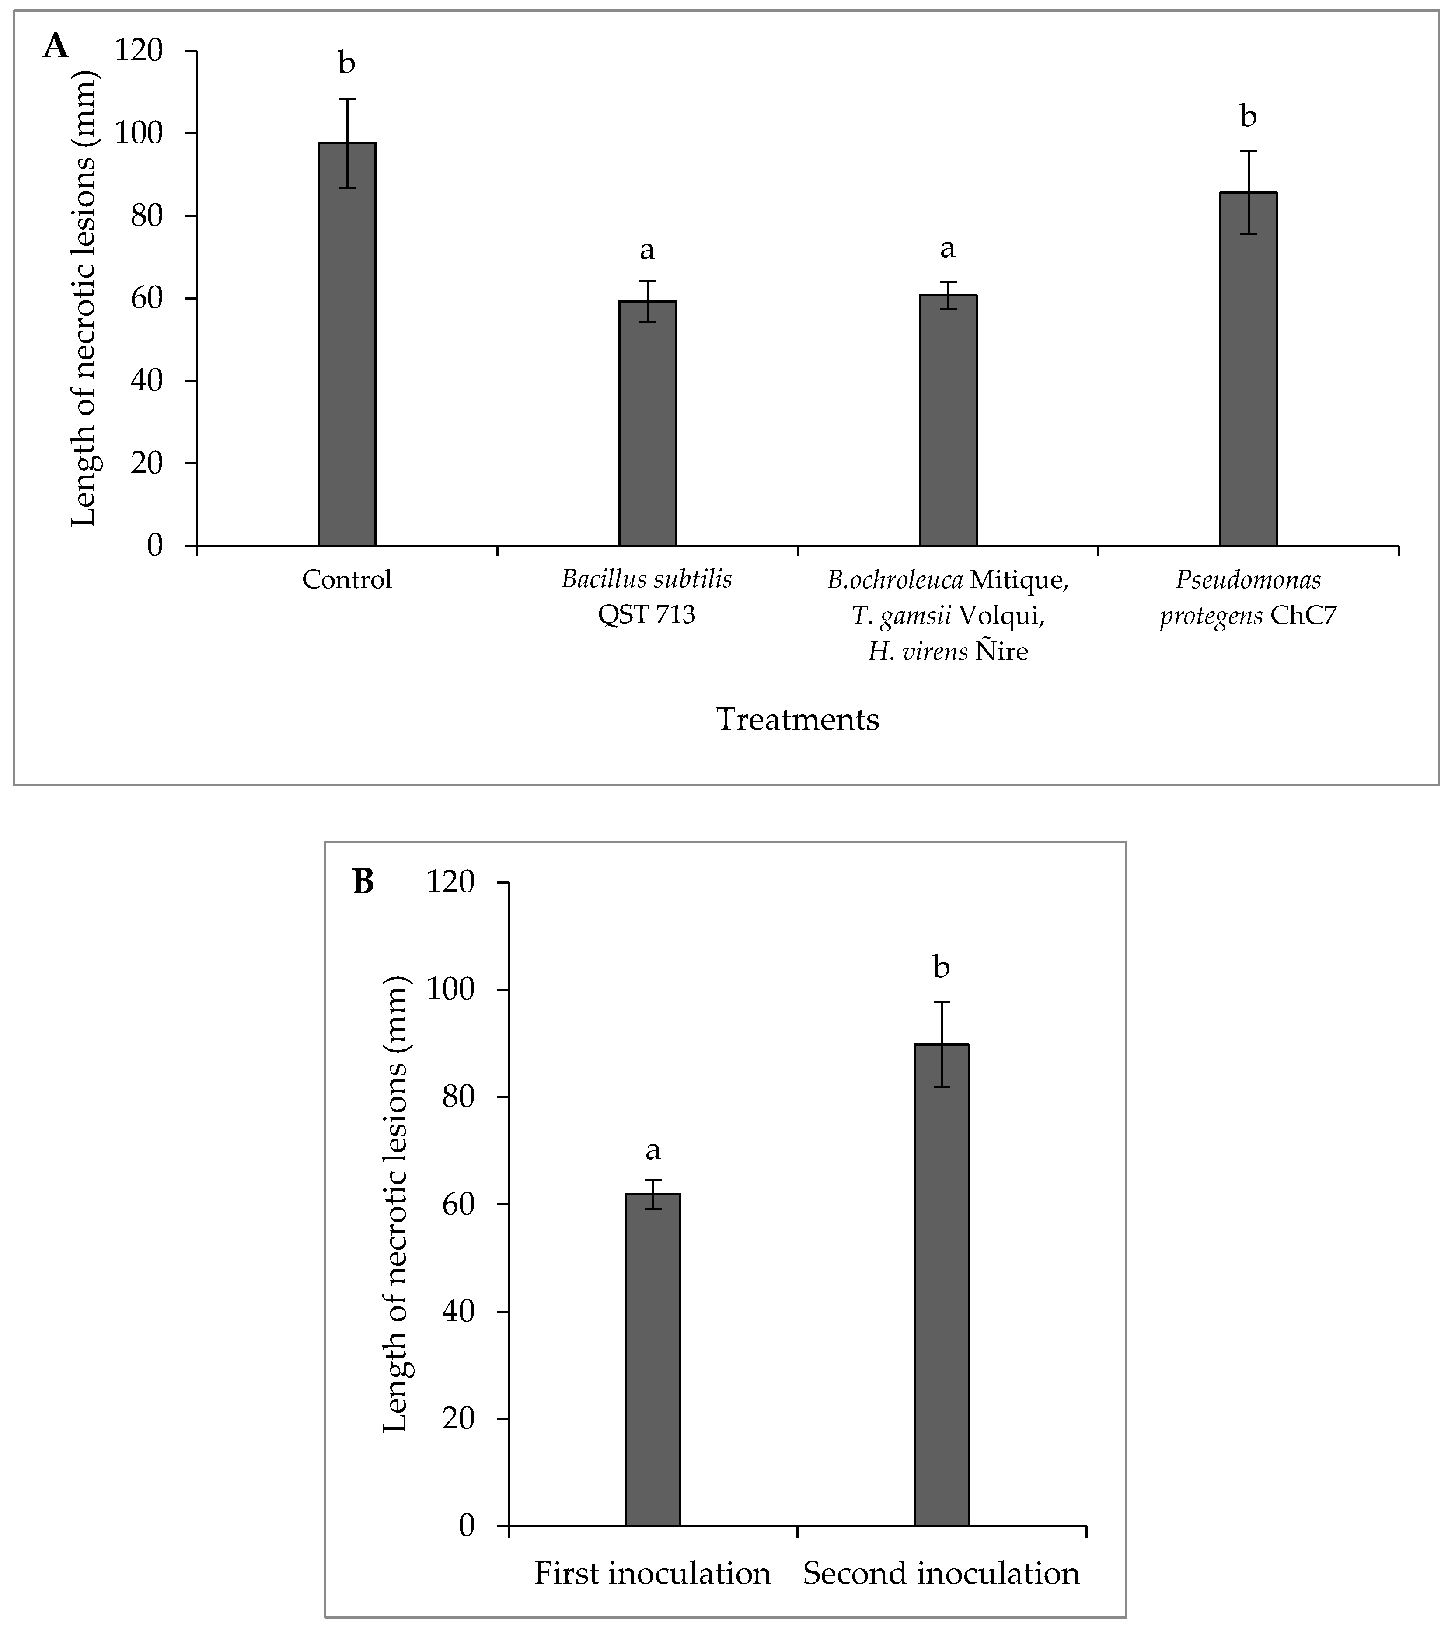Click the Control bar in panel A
[347, 344]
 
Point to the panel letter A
[56, 47]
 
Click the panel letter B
[363, 882]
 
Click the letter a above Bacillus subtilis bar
[647, 250]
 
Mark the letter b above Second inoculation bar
[941, 968]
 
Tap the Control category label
[347, 579]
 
